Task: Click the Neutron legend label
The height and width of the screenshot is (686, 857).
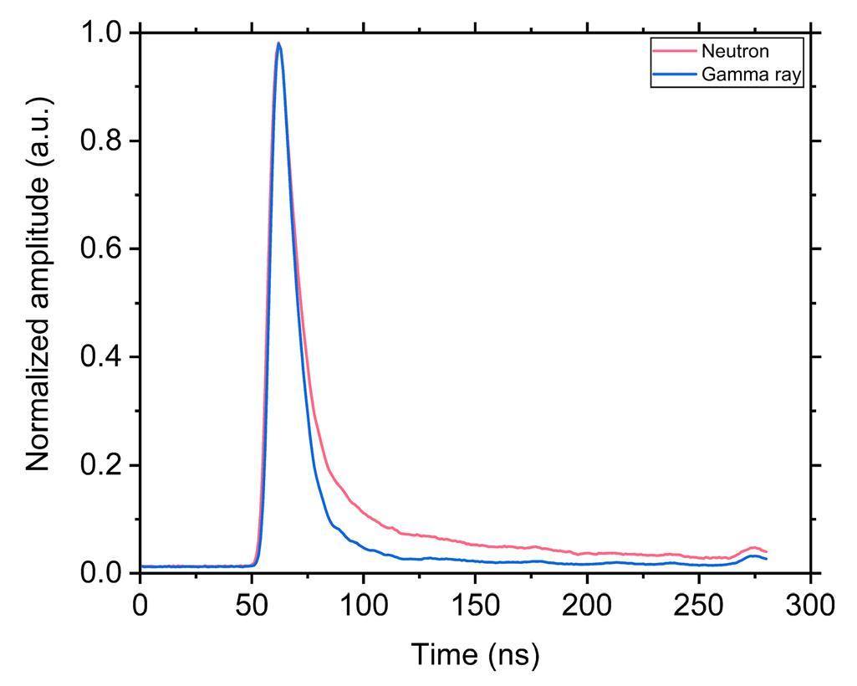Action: (x=735, y=52)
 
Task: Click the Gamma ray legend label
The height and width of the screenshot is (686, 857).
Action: (x=752, y=74)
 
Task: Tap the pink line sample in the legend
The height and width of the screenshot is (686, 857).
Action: (x=674, y=52)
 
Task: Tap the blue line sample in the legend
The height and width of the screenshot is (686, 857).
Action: (x=674, y=74)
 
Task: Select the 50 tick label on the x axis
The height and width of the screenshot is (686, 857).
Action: (x=252, y=605)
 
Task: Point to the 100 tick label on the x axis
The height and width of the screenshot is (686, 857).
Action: (x=363, y=605)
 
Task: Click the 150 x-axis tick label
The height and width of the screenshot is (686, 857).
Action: (x=475, y=605)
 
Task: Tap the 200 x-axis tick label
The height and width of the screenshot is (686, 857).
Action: (x=587, y=605)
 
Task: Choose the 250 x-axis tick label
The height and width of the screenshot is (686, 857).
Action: (x=699, y=605)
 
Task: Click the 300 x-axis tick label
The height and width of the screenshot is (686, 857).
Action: (x=810, y=605)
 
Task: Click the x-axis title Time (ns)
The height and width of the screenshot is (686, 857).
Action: (x=475, y=653)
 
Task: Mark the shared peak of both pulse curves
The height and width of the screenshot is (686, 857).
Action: (x=278, y=44)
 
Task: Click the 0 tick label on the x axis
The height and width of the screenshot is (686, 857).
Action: (x=140, y=605)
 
